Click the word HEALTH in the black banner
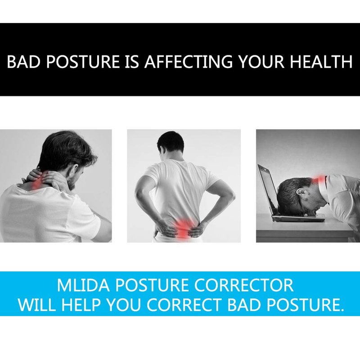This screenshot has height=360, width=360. [321, 61]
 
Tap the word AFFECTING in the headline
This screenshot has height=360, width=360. [189, 61]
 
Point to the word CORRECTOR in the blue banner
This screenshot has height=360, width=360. [244, 285]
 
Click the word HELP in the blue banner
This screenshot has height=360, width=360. [81, 305]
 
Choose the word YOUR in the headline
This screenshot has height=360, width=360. [261, 61]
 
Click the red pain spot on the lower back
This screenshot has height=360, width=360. [183, 227]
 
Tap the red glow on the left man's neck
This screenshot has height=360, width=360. [37, 183]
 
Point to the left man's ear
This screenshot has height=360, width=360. [74, 170]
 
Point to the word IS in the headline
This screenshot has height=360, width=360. [132, 61]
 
